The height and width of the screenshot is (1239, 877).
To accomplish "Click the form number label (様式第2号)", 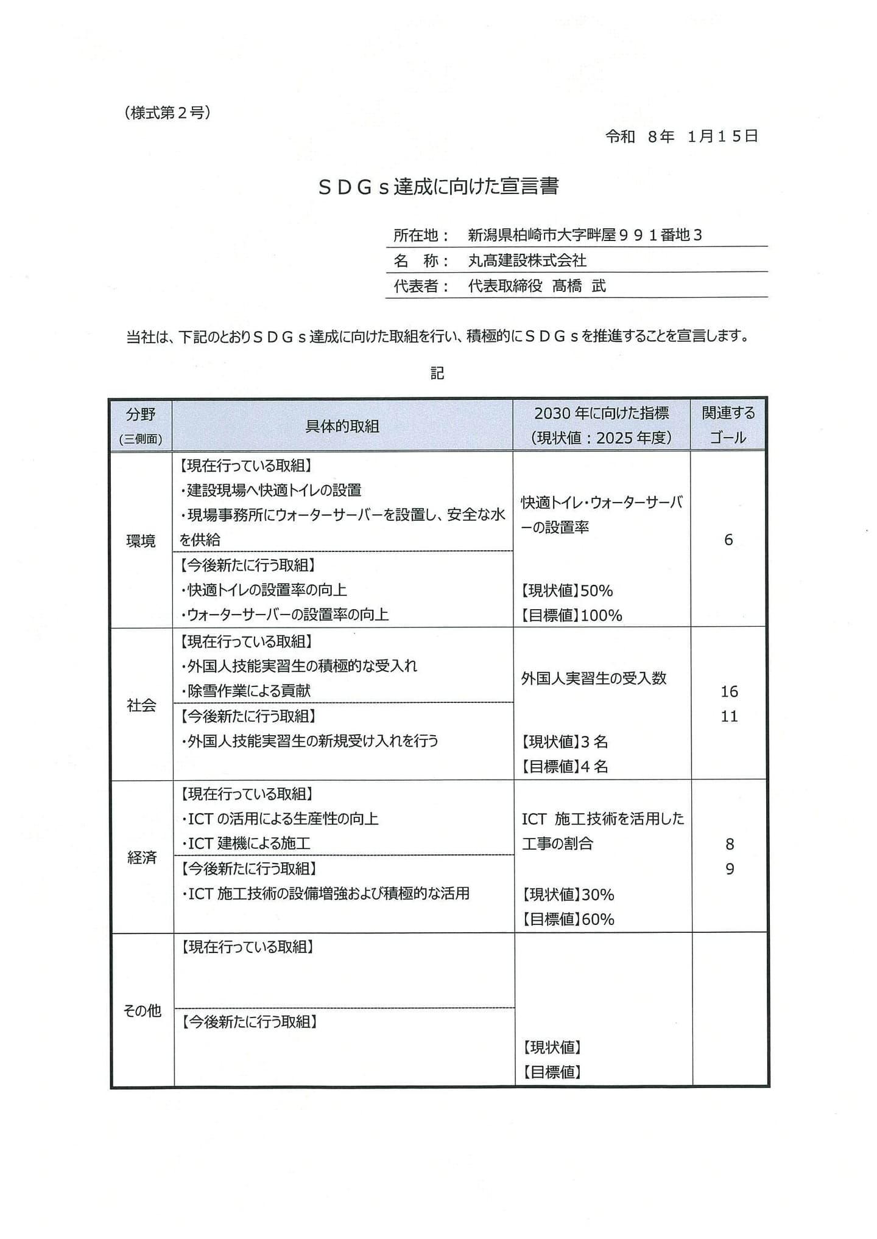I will click(167, 113).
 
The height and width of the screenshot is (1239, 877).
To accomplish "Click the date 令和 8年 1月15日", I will click(682, 136).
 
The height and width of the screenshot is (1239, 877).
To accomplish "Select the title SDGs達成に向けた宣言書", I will click(438, 186).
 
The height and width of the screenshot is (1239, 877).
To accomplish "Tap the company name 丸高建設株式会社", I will click(527, 260).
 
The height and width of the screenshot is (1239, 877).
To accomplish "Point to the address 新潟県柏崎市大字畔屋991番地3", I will click(585, 235).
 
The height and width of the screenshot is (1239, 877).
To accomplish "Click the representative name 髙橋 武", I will click(579, 286).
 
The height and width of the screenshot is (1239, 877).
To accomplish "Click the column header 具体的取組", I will click(342, 426).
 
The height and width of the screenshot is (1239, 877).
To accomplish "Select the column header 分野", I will click(141, 415).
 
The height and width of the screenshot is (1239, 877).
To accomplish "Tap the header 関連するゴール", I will click(728, 425).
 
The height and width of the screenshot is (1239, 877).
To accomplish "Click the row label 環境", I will click(141, 540).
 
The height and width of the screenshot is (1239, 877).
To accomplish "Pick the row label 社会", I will click(141, 705).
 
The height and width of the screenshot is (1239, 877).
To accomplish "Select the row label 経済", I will click(142, 857).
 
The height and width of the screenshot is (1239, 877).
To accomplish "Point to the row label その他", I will click(142, 1010).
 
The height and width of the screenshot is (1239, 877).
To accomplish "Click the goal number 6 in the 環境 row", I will click(728, 540).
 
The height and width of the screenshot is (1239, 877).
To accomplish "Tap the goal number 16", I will click(729, 691).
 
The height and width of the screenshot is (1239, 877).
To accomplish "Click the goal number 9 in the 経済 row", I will click(730, 869).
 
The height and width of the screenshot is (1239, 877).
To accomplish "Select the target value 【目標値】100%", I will click(571, 615).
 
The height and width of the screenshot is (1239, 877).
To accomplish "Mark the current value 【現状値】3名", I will click(565, 742).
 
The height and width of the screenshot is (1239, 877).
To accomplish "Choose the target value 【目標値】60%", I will click(568, 919).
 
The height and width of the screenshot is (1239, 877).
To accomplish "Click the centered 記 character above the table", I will click(437, 373).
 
